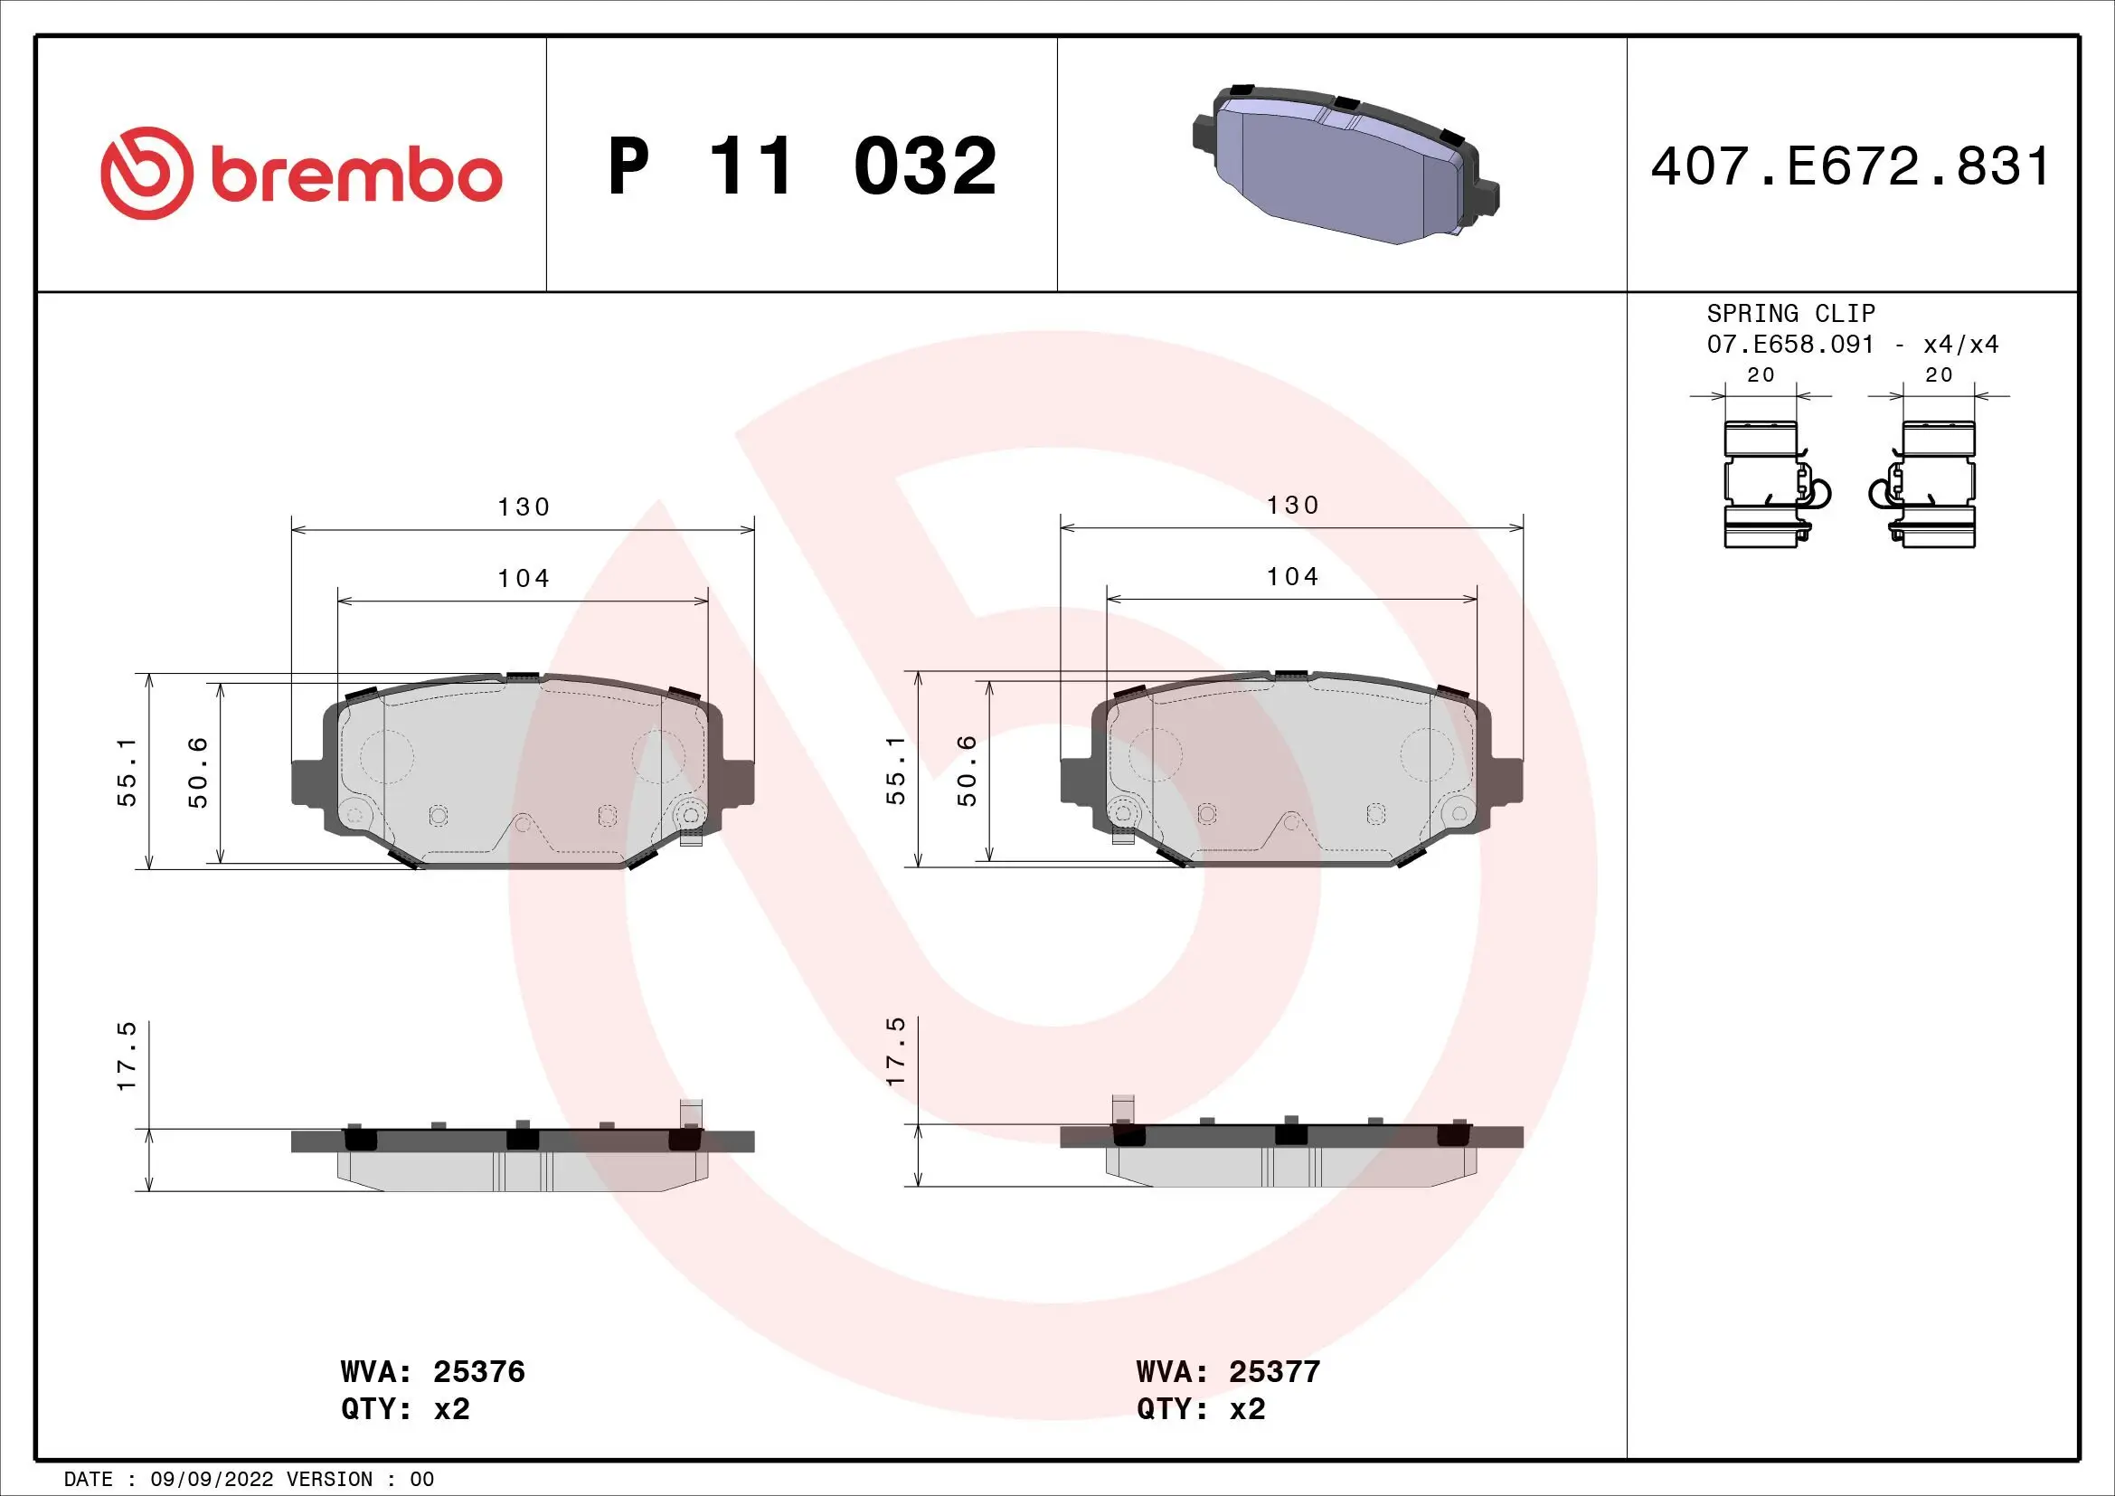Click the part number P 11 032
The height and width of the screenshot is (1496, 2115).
coord(801,166)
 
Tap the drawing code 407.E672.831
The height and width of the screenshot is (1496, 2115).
coord(1850,166)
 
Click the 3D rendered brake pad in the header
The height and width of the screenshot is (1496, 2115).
coord(1345,166)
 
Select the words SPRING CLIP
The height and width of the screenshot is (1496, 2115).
coord(1789,313)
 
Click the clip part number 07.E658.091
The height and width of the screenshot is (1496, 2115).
coord(1789,345)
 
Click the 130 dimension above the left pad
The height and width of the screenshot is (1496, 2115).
coord(524,507)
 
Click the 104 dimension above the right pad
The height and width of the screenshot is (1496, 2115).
coord(1292,578)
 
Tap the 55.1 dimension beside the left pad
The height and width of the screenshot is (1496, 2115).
coord(127,772)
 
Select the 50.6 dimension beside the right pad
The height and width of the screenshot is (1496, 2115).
coord(967,770)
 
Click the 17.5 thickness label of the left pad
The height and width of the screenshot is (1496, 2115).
coord(127,1056)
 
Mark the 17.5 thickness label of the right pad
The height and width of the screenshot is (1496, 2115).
coord(895,1052)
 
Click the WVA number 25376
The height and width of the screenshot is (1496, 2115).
coord(478,1372)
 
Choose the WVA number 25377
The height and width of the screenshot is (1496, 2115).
coord(1274,1372)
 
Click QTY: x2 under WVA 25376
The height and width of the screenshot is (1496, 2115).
coord(405,1409)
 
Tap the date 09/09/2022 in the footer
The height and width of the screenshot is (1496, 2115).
coord(212,1480)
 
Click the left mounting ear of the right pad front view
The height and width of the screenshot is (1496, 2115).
coord(1077,780)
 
